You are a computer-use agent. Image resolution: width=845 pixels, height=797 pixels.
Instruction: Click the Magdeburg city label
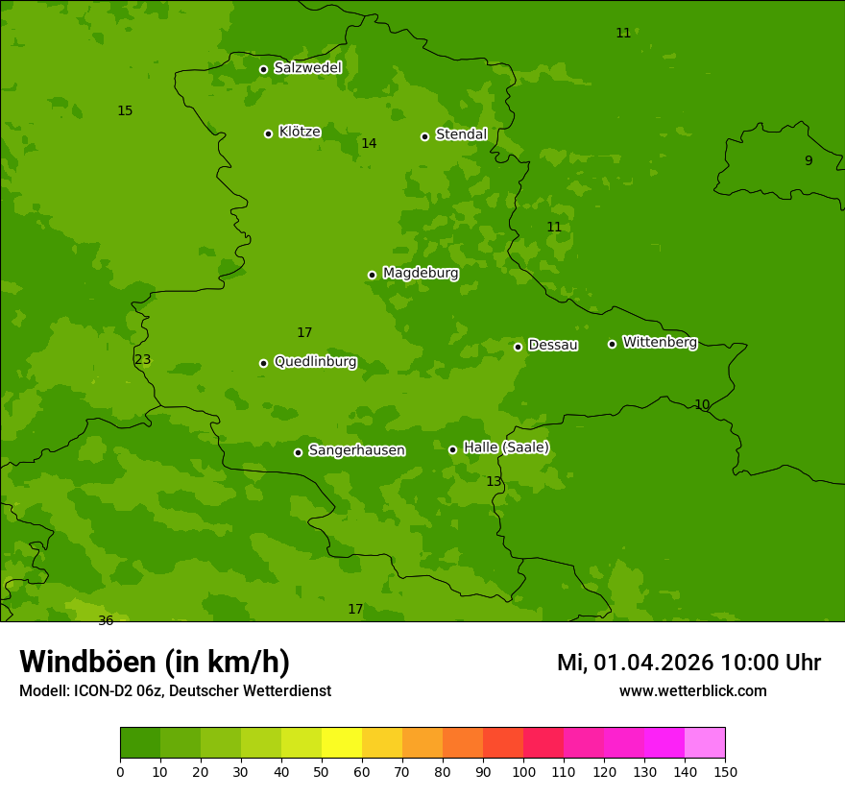pyautogui.click(x=421, y=274)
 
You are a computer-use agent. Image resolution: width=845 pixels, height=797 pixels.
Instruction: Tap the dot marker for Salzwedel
pyautogui.click(x=263, y=69)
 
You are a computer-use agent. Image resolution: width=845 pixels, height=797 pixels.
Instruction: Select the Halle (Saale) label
pyautogui.click(x=506, y=447)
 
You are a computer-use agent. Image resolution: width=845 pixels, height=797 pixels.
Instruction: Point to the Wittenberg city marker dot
pyautogui.click(x=612, y=344)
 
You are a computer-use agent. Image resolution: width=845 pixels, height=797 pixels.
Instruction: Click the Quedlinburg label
pyautogui.click(x=315, y=362)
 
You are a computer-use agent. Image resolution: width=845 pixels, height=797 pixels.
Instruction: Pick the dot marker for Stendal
pyautogui.click(x=424, y=136)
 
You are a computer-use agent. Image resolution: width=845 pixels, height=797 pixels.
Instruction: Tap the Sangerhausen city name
pyautogui.click(x=356, y=450)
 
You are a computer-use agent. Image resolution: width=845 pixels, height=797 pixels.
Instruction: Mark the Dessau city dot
pyautogui.click(x=518, y=347)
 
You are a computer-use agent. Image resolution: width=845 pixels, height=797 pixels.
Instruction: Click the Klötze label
pyautogui.click(x=300, y=133)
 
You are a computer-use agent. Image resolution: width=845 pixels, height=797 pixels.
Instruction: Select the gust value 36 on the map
pyautogui.click(x=106, y=621)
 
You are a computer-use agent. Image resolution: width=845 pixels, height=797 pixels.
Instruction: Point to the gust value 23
pyautogui.click(x=143, y=360)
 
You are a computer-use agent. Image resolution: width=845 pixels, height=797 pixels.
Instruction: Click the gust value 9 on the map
pyautogui.click(x=809, y=161)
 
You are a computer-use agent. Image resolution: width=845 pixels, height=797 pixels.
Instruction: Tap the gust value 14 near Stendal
pyautogui.click(x=369, y=144)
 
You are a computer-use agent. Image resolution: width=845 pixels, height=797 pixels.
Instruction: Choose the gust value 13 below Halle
pyautogui.click(x=494, y=482)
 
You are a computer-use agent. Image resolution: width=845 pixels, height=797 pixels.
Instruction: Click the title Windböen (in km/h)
pyautogui.click(x=155, y=662)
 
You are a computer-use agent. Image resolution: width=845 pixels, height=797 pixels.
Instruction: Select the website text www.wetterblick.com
pyautogui.click(x=692, y=691)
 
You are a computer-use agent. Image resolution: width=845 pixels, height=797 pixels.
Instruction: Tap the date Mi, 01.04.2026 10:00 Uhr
pyautogui.click(x=688, y=663)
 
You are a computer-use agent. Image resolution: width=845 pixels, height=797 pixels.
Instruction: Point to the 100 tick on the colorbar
pyautogui.click(x=523, y=770)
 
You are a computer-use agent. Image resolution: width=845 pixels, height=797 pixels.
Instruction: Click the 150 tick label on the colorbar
pyautogui.click(x=725, y=770)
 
